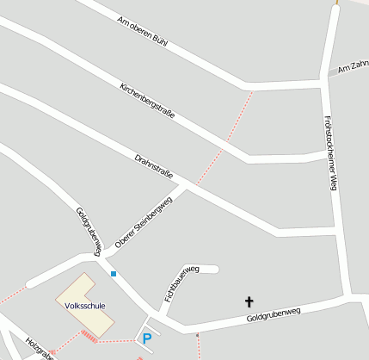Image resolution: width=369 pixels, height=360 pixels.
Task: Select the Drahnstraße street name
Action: pyautogui.click(x=155, y=167)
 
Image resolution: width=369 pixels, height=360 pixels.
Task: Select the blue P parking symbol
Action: pyautogui.click(x=147, y=338)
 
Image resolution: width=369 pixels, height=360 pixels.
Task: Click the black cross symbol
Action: pyautogui.click(x=249, y=301)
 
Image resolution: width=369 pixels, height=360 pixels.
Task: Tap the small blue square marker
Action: pyautogui.click(x=113, y=274)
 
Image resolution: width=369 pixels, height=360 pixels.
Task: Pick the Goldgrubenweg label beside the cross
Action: pyautogui.click(x=273, y=315)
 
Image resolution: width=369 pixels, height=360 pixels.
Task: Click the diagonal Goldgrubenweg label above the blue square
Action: pyautogui.click(x=89, y=231)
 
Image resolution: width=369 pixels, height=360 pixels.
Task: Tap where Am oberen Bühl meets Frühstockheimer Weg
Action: pyautogui.click(x=324, y=79)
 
